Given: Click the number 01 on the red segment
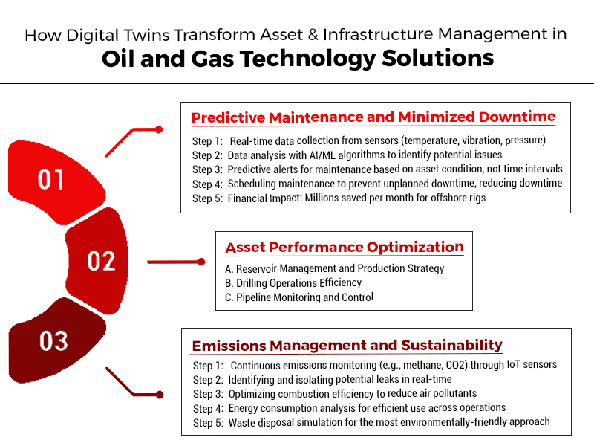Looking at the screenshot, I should (x=51, y=180).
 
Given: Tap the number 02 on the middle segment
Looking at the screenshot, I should (x=102, y=261).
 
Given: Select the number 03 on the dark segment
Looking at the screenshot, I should (x=54, y=341).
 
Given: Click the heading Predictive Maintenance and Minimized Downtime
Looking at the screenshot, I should (x=373, y=117).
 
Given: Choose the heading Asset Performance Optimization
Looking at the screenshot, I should (x=345, y=248).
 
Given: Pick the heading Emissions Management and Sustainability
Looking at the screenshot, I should (x=347, y=346).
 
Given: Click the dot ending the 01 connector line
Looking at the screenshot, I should (x=159, y=129).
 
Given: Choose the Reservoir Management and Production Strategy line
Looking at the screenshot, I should (x=334, y=268).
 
